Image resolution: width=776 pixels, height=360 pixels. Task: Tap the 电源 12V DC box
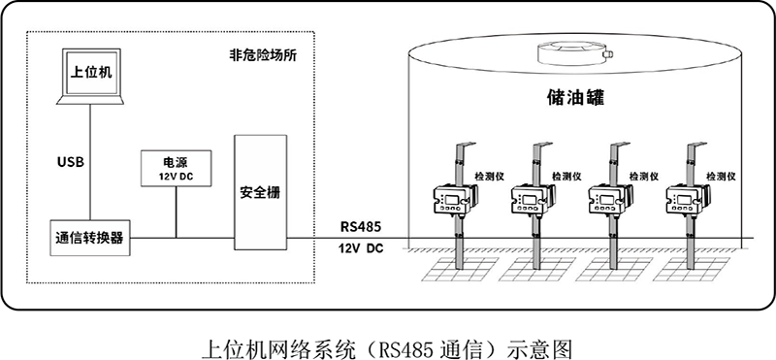[176, 168]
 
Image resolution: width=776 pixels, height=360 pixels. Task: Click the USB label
[72, 160]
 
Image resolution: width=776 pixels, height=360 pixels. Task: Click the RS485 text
[361, 226]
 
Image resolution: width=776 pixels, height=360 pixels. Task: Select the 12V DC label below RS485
[361, 249]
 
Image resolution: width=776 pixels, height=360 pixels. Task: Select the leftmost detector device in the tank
[454, 201]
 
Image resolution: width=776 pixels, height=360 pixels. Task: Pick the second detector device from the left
[532, 201]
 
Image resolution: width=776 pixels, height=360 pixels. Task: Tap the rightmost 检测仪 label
[722, 177]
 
